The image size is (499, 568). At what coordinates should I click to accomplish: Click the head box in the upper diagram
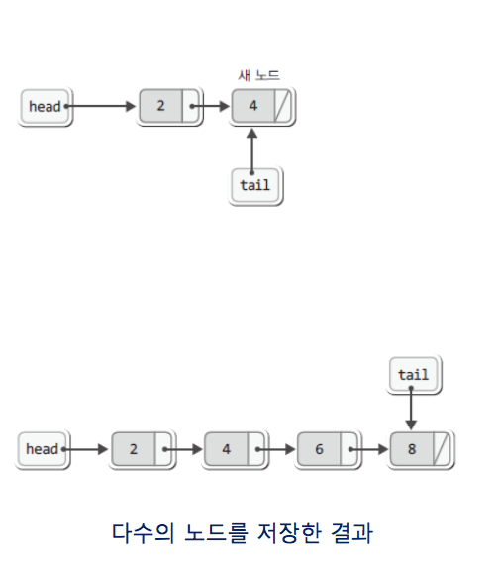point(45,107)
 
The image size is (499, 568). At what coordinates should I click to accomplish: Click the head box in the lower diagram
point(42,449)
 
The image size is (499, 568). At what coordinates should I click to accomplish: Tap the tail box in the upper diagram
point(255,185)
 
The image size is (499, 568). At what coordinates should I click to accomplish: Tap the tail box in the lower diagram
point(414,375)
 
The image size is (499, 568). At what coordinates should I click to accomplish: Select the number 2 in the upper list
point(161,106)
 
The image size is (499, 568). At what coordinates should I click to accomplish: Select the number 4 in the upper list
point(252,106)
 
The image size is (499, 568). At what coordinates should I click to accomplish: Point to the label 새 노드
point(258,75)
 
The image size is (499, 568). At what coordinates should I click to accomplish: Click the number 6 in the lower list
point(319,449)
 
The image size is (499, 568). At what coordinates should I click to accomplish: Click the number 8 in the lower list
point(412,449)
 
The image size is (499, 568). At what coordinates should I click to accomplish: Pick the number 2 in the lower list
point(134,449)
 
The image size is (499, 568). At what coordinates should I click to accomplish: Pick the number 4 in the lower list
point(226,449)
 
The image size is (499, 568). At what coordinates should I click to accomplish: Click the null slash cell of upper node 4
point(282,106)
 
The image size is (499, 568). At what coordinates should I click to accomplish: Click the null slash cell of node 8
point(442,449)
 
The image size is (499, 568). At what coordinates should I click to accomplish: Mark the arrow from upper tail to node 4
point(251,151)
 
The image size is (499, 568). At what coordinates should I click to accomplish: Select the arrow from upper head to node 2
point(100,106)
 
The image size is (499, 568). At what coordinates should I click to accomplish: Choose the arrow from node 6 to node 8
point(368,449)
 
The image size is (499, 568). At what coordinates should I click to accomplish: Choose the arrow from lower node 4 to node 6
point(275,449)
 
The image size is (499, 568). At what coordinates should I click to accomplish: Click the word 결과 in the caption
point(351,533)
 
